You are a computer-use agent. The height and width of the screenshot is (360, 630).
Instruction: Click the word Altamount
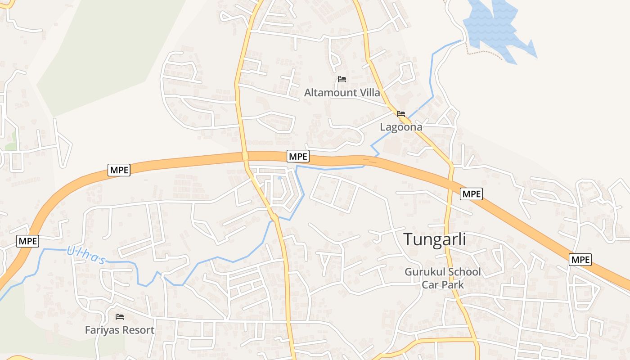pos(330,93)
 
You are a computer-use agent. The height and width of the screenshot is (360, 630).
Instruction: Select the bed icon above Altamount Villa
pos(342,79)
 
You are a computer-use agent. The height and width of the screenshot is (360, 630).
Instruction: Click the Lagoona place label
pos(401,127)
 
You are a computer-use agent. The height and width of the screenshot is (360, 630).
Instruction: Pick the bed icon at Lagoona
pos(401,114)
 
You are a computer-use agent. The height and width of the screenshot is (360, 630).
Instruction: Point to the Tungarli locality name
pos(434,239)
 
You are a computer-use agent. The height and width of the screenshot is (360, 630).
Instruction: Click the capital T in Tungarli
pos(409,239)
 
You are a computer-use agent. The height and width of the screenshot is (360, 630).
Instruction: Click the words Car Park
pos(443,284)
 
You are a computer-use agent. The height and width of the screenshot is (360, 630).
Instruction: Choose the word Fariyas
pos(104,330)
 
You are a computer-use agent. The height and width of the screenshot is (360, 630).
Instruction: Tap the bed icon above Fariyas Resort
pos(120,317)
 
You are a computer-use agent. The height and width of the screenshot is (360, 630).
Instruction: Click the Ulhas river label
pos(86,255)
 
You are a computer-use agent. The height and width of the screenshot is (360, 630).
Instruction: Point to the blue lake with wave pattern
pos(495,27)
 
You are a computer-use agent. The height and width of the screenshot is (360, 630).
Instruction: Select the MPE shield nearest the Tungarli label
pos(471,194)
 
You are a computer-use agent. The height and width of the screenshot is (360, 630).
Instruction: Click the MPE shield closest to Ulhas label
pos(28,241)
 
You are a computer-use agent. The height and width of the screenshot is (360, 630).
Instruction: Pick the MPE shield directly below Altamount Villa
pos(298,156)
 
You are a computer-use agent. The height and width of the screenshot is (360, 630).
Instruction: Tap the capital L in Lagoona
pos(383,127)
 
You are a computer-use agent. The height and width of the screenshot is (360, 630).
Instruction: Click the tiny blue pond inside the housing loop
pos(279,178)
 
